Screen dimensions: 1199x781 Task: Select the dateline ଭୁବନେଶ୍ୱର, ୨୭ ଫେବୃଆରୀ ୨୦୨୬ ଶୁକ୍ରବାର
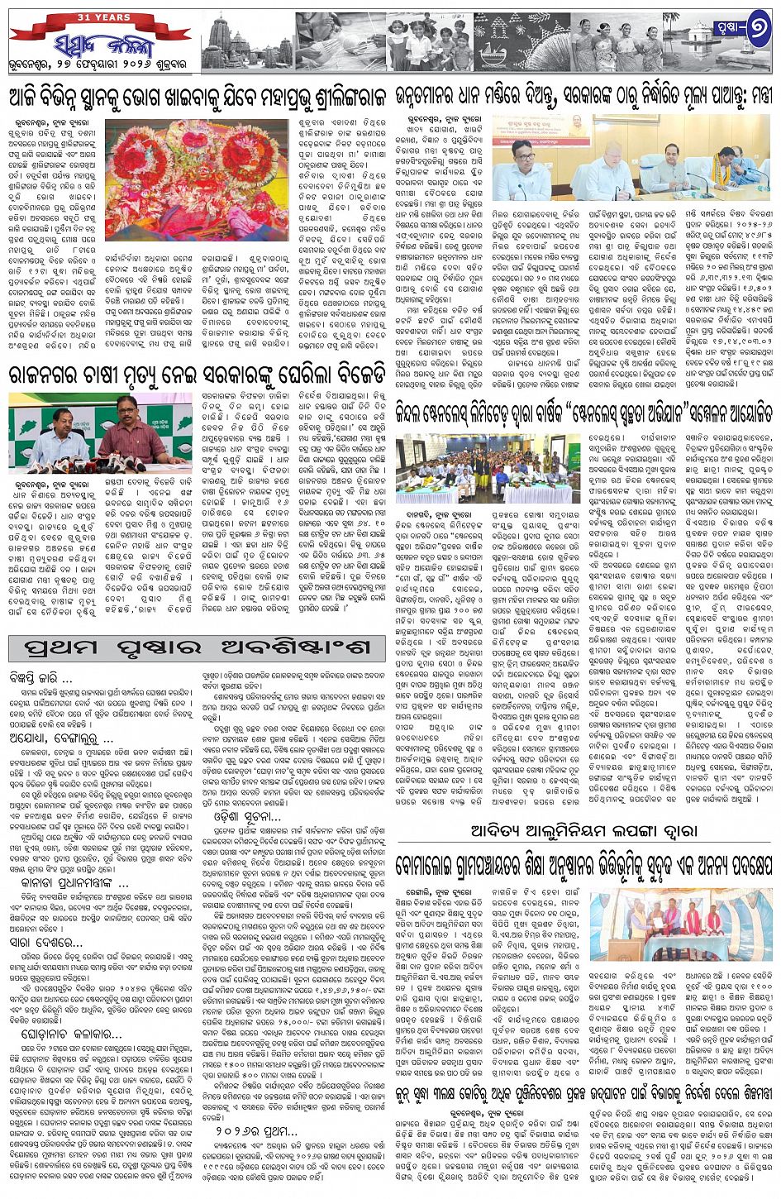click(x=99, y=67)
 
